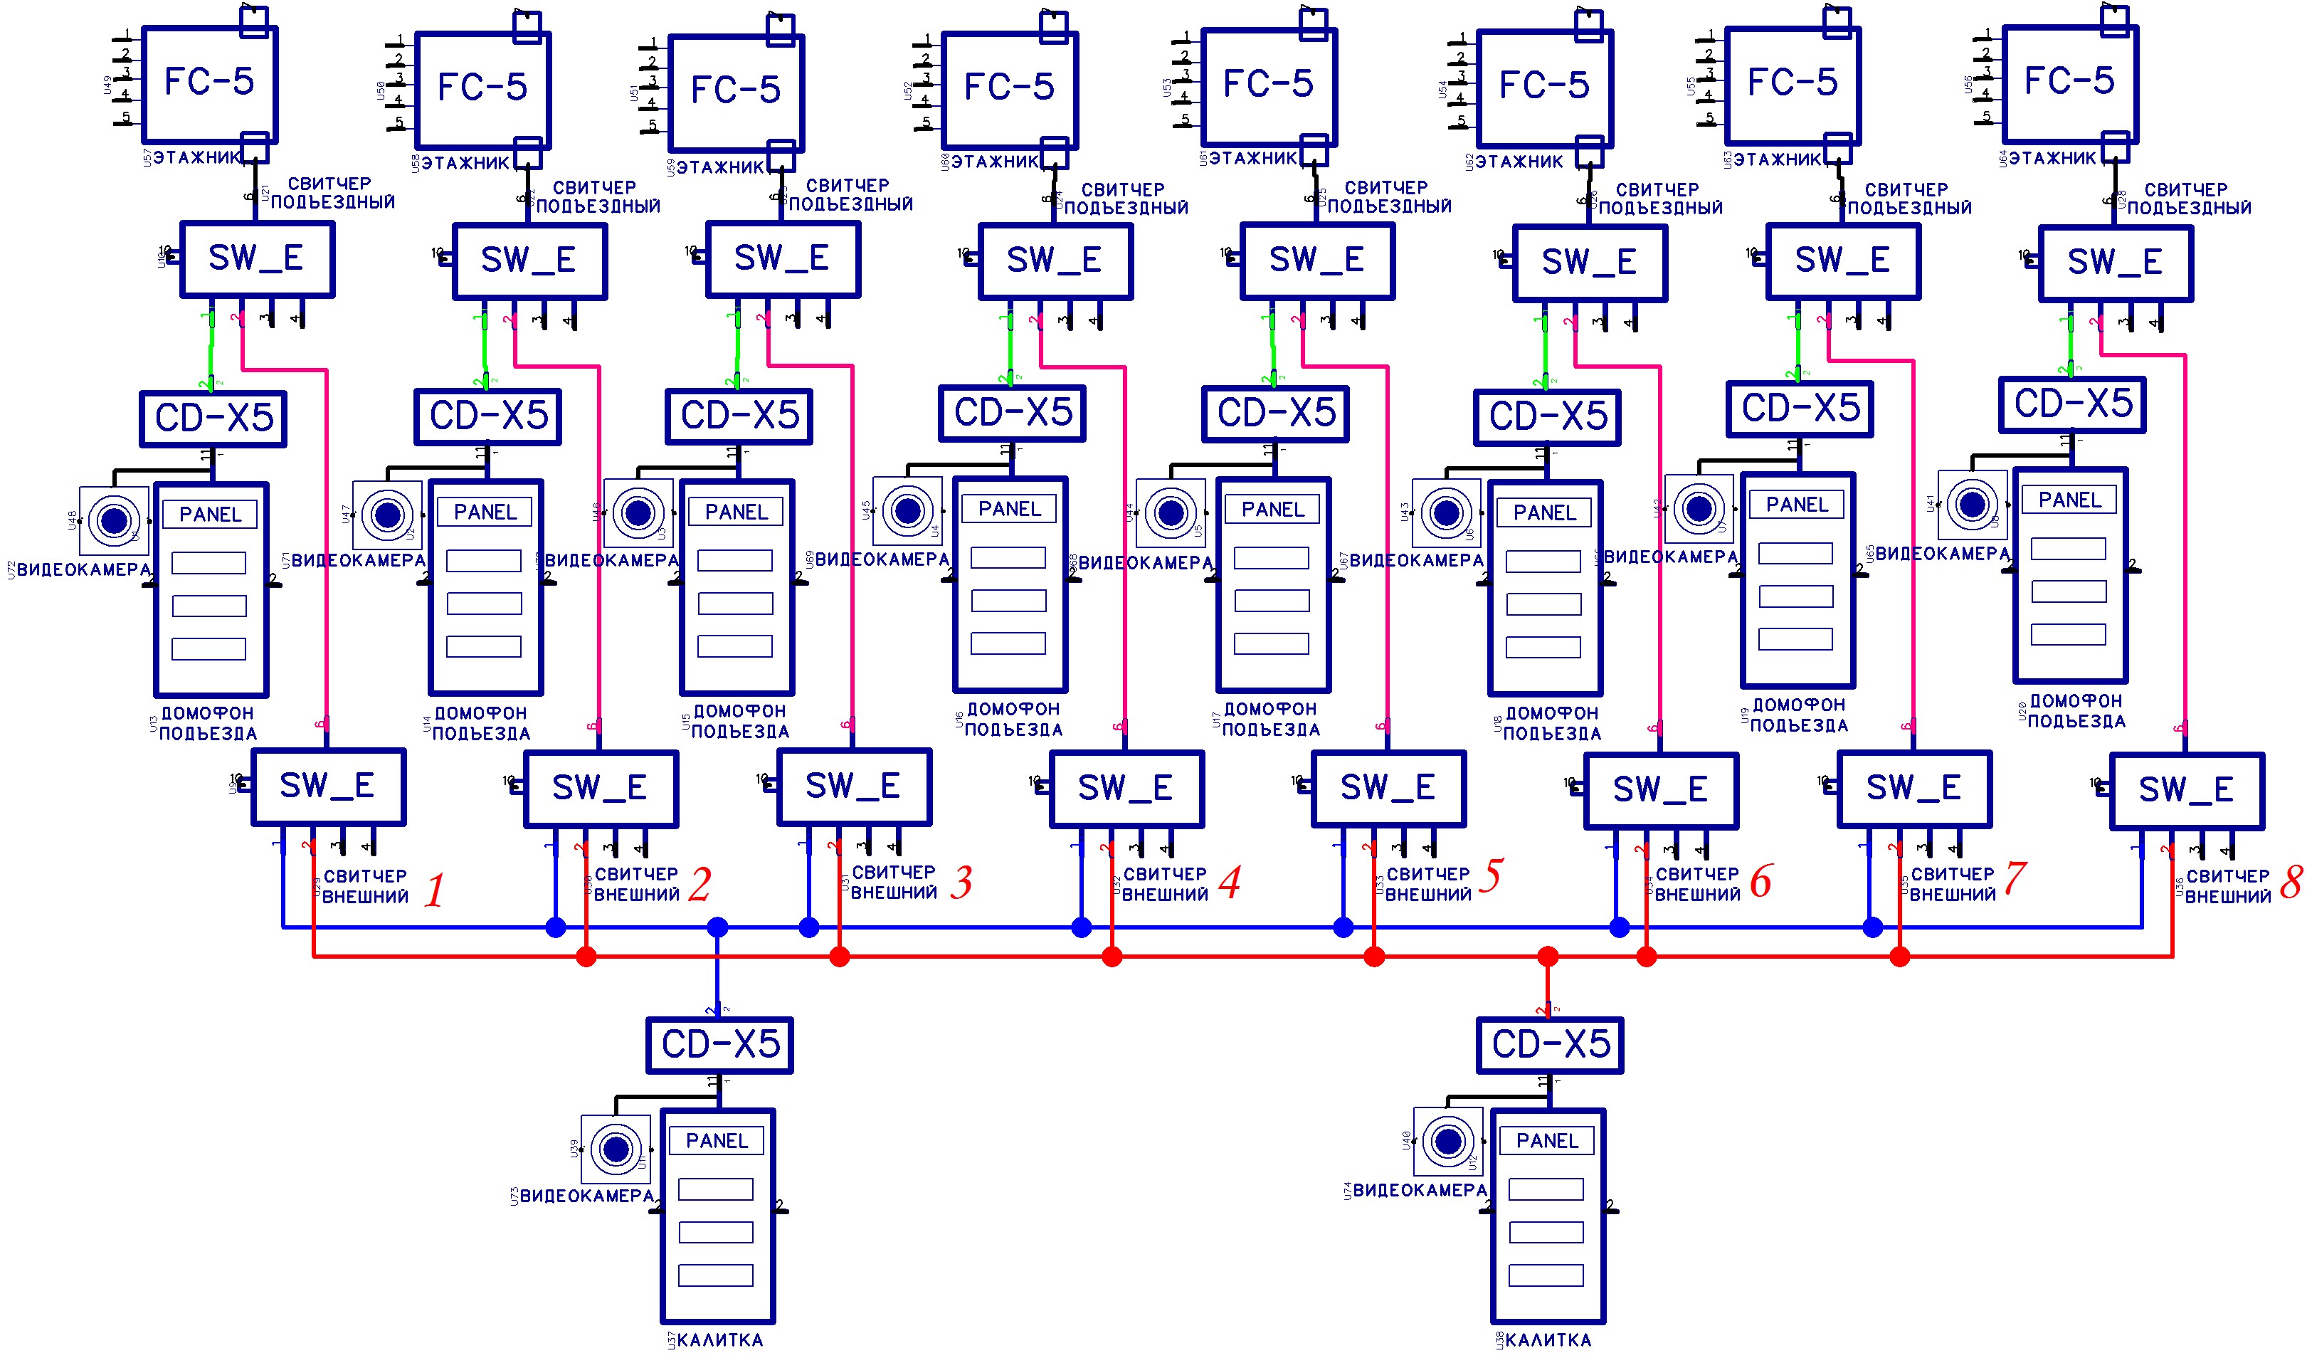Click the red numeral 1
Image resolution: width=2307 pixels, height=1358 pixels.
pos(435,890)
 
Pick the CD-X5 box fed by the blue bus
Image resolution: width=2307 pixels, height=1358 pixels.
pos(719,1045)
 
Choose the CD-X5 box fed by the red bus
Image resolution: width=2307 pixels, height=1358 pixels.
pos(1550,1045)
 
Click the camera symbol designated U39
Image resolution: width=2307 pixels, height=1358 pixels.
pos(616,1148)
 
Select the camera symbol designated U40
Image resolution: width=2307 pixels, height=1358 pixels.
pos(1447,1142)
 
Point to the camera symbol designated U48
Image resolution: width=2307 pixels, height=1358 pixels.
pos(114,521)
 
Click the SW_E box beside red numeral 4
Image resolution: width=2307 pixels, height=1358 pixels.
pos(1126,789)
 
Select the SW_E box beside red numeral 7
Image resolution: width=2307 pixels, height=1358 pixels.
pos(1913,789)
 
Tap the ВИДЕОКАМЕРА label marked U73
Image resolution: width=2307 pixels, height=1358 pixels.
pos(587,1196)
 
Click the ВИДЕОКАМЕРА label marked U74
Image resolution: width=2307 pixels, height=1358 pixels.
pos(1420,1191)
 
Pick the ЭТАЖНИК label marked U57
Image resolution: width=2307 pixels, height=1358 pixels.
pos(196,157)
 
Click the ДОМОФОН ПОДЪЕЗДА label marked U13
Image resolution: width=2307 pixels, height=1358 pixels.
pos(208,723)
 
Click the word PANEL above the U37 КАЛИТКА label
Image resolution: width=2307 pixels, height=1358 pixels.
pos(717,1141)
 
